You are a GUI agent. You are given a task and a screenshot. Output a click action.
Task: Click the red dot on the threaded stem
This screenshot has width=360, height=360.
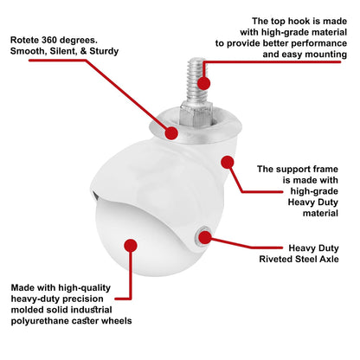point(203,83)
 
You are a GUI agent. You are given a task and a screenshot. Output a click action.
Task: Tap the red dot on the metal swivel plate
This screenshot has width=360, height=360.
point(171,133)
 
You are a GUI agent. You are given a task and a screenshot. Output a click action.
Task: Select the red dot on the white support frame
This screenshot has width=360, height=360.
point(228,162)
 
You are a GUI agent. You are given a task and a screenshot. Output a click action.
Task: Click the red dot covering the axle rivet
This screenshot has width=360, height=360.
point(205,237)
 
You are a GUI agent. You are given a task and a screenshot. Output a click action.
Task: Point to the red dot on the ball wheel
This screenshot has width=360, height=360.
point(131,246)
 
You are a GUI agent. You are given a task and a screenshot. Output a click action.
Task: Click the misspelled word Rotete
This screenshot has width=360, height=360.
point(24,40)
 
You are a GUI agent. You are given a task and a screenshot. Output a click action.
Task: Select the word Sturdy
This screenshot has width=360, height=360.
point(104,51)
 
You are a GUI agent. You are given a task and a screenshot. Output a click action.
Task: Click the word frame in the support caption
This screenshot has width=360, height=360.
point(325,169)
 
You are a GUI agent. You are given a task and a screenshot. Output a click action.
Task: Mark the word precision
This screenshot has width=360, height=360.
point(84,299)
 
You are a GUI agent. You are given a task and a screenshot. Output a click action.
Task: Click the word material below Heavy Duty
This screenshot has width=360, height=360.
point(320,213)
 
